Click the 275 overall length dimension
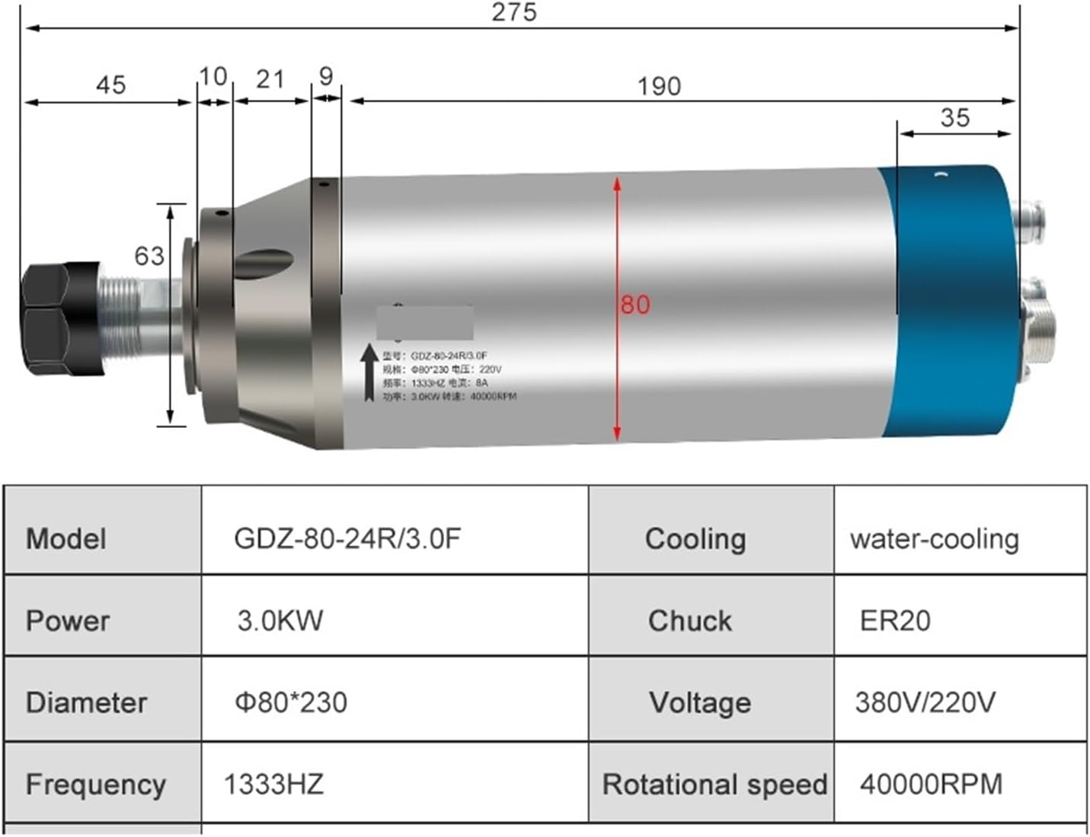tap(514, 12)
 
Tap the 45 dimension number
tap(110, 85)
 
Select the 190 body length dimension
tap(659, 86)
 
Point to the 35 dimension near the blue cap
tap(954, 118)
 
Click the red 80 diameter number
tap(635, 305)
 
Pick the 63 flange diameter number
tap(149, 256)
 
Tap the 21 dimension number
tap(270, 79)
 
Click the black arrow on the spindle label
tap(369, 372)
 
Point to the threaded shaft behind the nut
tap(120, 320)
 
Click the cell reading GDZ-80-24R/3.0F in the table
tap(347, 538)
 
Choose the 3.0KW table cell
tap(280, 620)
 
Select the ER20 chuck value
tap(895, 621)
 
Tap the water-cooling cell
tap(934, 538)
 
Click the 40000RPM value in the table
tap(931, 784)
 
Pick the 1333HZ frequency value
tap(273, 784)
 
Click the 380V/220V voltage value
tap(925, 702)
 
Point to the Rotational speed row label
tap(714, 784)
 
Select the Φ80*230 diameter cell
tap(290, 702)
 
